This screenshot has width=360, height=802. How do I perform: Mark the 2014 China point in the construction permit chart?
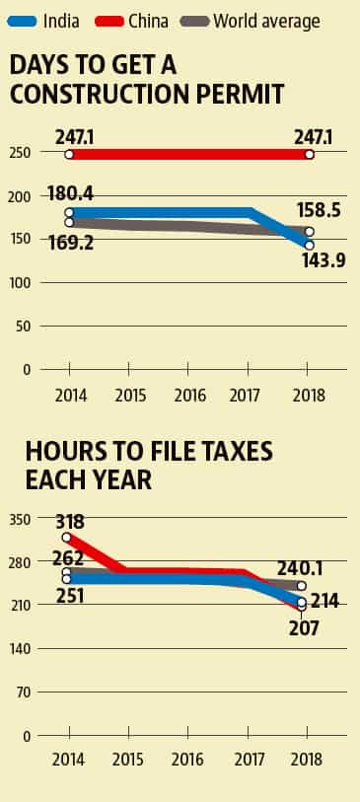click(x=69, y=154)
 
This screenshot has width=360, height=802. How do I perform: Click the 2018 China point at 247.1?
click(x=310, y=154)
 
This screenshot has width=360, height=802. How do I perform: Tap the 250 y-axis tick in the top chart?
click(x=21, y=153)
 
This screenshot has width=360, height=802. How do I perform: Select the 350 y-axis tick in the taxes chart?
click(x=21, y=519)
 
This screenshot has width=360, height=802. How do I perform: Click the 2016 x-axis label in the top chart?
click(x=189, y=396)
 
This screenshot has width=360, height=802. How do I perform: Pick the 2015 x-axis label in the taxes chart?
click(x=129, y=763)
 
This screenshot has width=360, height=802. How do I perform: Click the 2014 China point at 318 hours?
click(x=67, y=538)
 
